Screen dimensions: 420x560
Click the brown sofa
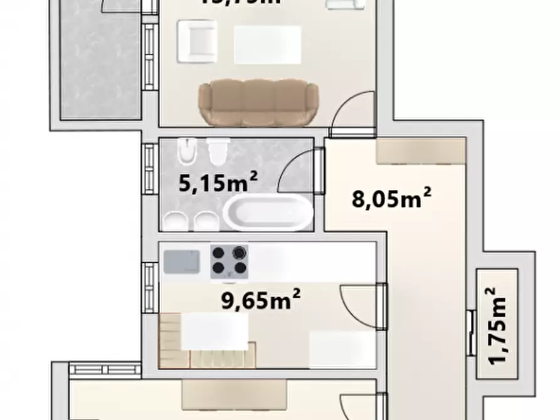coord(258,103)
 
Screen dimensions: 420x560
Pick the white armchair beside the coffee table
coord(197,41)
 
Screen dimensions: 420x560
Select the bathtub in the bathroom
coord(268,213)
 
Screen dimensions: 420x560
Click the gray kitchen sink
coord(182,261)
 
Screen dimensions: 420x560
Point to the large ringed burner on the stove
coord(238,253)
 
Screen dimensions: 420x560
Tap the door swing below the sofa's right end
coord(354,113)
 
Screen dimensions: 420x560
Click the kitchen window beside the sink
coord(149,286)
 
